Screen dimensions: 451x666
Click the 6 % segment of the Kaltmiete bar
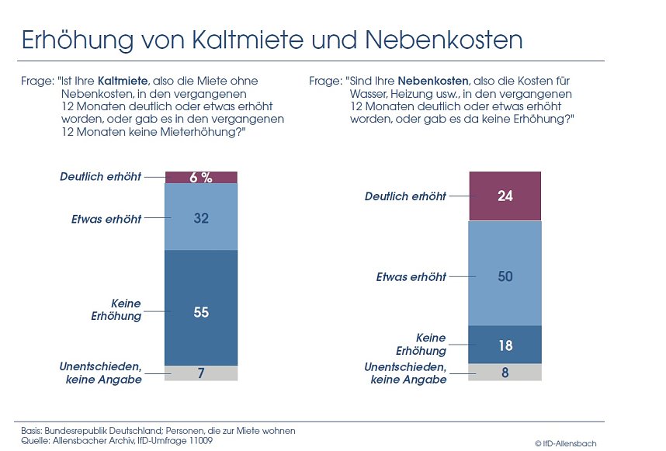[x=201, y=177]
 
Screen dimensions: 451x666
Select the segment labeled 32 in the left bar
[x=201, y=218]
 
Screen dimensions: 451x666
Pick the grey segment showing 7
[x=201, y=373]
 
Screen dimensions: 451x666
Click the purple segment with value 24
[x=505, y=196]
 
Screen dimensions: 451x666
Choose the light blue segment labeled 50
[x=505, y=276]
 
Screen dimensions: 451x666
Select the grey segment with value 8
[x=505, y=372]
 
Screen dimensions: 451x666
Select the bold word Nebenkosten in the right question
[x=434, y=81]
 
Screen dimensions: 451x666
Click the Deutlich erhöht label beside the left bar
[x=101, y=177]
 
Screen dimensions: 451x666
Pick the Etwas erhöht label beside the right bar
[x=411, y=276]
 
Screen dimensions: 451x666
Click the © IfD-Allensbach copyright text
[x=565, y=442]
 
